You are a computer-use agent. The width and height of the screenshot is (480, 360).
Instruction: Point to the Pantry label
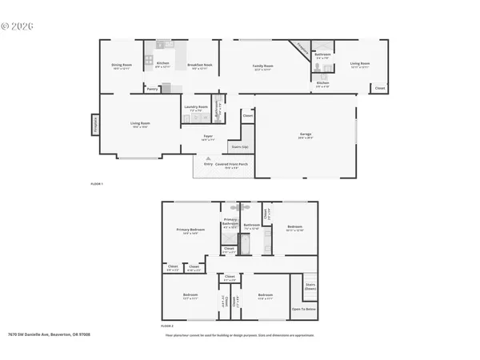(152, 89)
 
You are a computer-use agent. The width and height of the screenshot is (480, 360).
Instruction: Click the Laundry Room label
(196, 106)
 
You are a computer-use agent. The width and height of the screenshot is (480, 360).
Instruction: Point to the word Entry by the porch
(208, 164)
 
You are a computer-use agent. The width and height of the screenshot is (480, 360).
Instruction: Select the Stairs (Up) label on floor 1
(238, 147)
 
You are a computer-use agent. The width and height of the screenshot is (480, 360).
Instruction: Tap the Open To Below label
(303, 308)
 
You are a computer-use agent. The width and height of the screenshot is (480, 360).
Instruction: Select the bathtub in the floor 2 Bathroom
(246, 244)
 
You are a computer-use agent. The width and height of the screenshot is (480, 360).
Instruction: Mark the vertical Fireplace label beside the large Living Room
(94, 125)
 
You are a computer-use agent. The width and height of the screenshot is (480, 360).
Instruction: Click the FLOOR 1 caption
(97, 184)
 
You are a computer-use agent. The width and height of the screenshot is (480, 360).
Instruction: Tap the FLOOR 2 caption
(167, 328)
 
